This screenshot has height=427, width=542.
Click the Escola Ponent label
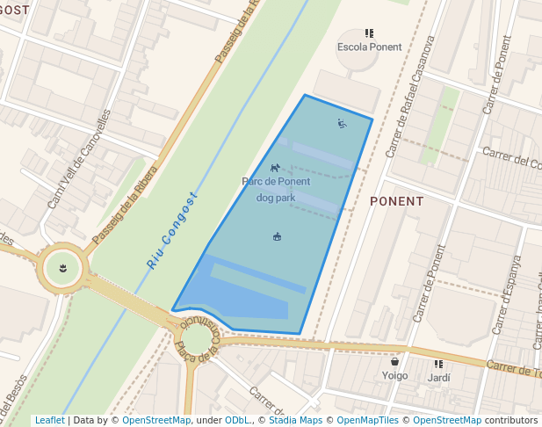pos(370,47)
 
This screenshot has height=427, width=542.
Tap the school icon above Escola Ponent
pos(370,33)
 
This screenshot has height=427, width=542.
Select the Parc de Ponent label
pos(276,182)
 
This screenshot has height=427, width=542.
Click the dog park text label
pos(276,198)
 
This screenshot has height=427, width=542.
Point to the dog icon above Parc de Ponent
pos(275,167)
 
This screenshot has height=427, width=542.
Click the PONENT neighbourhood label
pos(397,201)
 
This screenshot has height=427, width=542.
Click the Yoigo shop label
pos(395,376)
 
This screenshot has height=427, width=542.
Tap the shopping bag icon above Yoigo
pos(395,361)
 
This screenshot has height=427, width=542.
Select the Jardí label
pos(439,378)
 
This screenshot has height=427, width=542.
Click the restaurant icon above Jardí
pos(438,364)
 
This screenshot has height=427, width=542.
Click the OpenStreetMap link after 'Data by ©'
pos(156,420)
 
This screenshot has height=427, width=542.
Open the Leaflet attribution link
pos(49,420)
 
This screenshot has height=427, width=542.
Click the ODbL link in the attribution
pos(236,420)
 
